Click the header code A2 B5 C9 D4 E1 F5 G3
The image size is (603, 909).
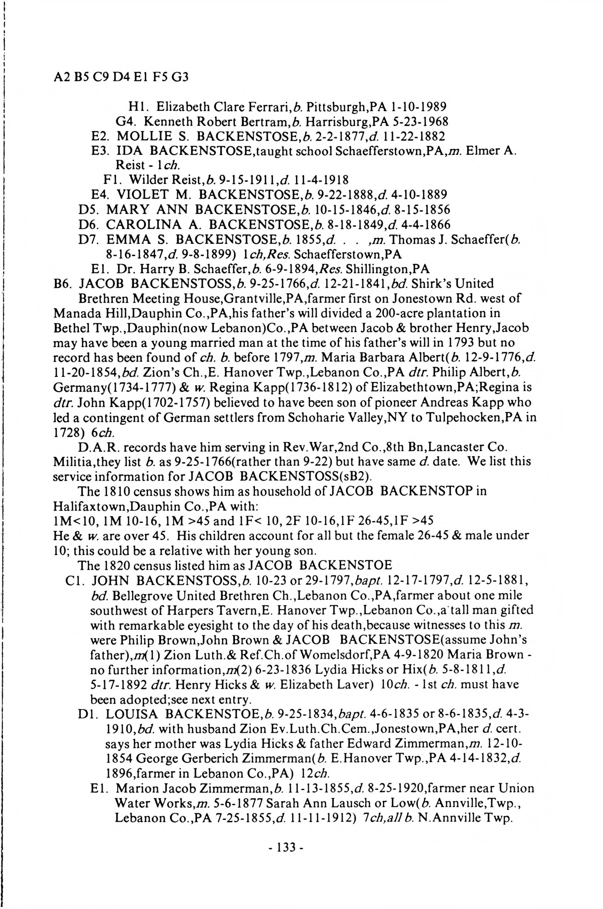[121, 78]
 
